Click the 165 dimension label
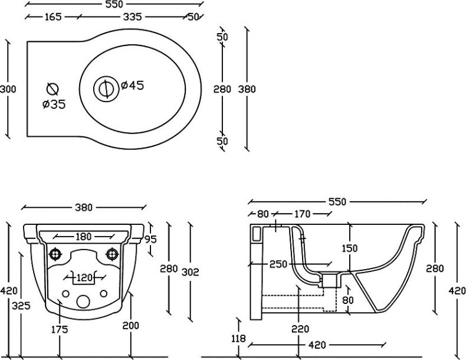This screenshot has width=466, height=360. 53,17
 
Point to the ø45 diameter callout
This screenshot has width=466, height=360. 133,86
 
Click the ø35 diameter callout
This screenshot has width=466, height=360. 54,105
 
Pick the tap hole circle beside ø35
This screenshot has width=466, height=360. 52,89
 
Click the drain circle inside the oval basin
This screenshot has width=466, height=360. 105,88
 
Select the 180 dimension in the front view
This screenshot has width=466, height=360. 83,237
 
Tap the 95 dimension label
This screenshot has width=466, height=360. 150,239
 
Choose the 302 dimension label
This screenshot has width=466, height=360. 190,271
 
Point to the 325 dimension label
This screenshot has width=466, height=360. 21,306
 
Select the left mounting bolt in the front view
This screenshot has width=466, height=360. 56,254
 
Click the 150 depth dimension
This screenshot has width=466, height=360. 349,249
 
